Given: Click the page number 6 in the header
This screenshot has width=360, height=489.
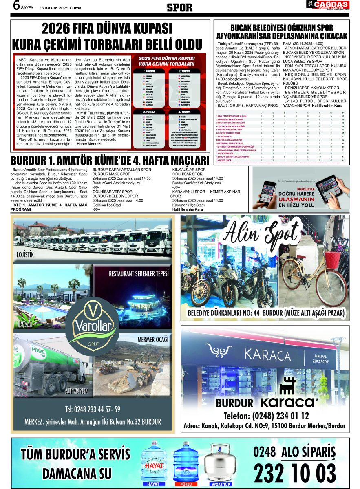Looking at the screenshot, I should [x=16, y=5].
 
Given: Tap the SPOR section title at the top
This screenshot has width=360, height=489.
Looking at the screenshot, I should [x=179, y=7].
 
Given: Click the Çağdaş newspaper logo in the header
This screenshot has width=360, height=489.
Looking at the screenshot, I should [x=327, y=6].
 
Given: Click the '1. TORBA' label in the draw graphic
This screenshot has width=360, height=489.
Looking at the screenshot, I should [x=149, y=71].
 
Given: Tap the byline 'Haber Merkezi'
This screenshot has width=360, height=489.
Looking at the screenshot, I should [x=89, y=144].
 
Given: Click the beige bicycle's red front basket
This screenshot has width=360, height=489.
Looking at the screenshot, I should [x=332, y=259].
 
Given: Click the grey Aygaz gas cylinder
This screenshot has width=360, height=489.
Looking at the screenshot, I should [x=220, y=464].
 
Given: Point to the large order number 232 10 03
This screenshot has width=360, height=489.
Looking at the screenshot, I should [x=295, y=474].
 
